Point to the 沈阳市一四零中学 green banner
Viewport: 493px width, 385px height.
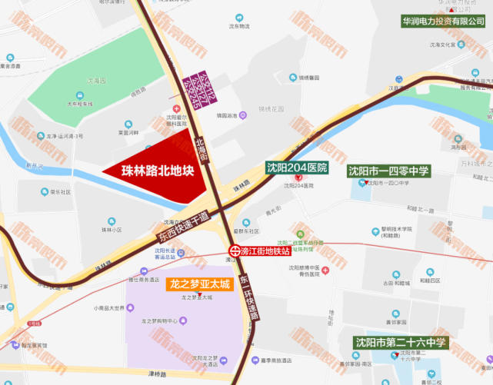pyautogui.click(x=388, y=171)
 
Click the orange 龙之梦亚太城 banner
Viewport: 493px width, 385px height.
pyautogui.click(x=199, y=284)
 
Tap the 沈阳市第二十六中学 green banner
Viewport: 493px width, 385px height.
pyautogui.click(x=400, y=342)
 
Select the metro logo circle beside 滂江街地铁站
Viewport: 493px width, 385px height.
pyautogui.click(x=234, y=251)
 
